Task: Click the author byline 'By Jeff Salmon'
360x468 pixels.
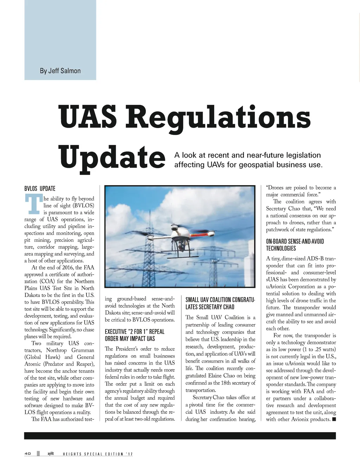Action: pyautogui.click(x=60, y=71)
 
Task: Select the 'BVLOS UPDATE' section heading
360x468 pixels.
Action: pyautogui.click(x=40, y=189)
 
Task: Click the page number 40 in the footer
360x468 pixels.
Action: pyautogui.click(x=28, y=454)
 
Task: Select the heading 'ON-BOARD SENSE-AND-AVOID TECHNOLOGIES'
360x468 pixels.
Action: pyautogui.click(x=295, y=245)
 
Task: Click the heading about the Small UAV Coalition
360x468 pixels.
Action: pyautogui.click(x=220, y=303)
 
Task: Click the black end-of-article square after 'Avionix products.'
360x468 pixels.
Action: pyautogui.click(x=334, y=419)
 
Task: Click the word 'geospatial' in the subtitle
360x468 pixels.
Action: pyautogui.click(x=257, y=165)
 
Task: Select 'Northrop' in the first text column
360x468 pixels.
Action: pyautogui.click(x=56, y=350)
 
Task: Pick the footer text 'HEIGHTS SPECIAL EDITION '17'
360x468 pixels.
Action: pyautogui.click(x=98, y=454)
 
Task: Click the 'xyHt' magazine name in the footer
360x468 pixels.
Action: pyautogui.click(x=51, y=454)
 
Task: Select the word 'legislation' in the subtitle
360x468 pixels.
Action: pyautogui.click(x=304, y=155)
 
